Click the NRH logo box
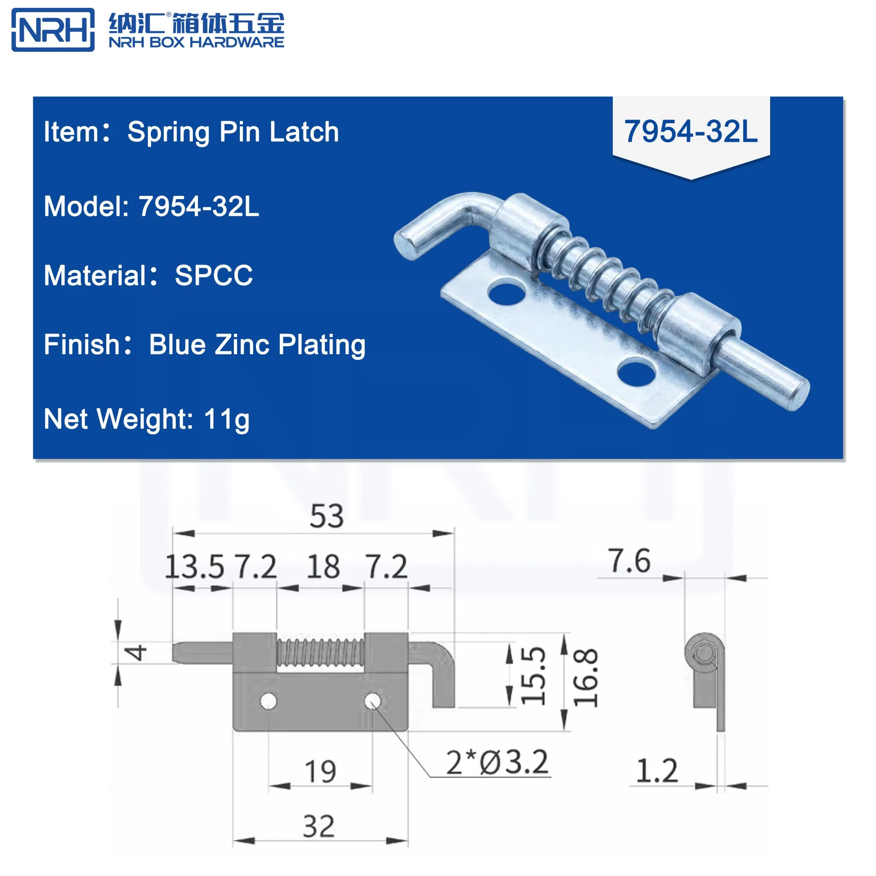(53, 30)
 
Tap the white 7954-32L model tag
(691, 132)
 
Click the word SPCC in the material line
(213, 275)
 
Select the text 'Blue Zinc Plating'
(257, 345)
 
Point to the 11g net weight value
(227, 419)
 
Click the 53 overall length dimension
(326, 516)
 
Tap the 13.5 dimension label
(194, 567)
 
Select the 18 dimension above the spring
(323, 567)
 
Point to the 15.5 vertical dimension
(533, 676)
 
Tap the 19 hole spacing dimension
(320, 771)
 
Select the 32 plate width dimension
(319, 826)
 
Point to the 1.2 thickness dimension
(657, 771)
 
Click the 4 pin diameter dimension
(136, 652)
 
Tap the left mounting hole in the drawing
(268, 701)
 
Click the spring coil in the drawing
(320, 652)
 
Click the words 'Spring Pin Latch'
(233, 132)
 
